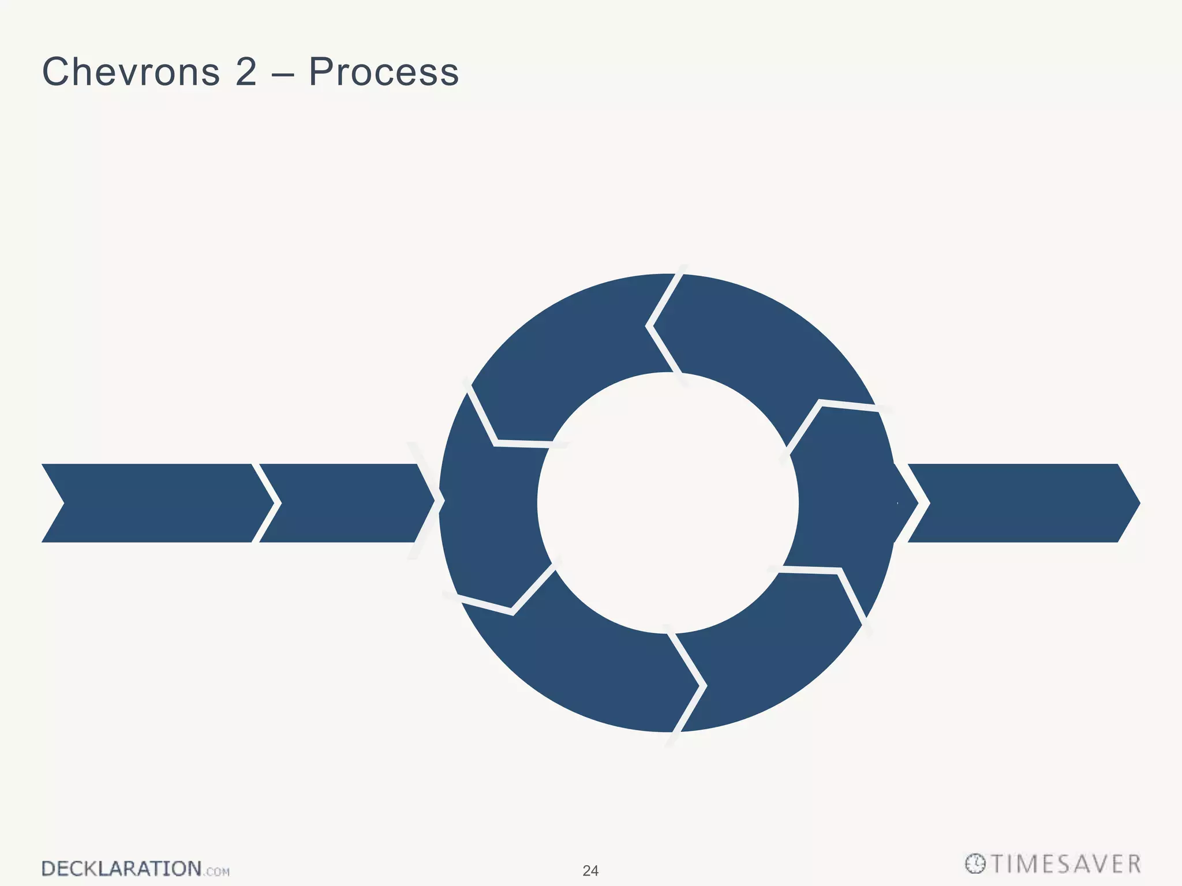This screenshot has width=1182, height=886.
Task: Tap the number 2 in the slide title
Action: pos(246,73)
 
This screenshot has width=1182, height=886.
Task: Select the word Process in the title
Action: pos(383,73)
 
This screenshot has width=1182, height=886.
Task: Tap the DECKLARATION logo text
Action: pos(121,869)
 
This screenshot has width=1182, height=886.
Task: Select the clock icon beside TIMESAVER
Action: pos(975,864)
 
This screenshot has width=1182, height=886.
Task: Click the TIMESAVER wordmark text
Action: pos(1066,864)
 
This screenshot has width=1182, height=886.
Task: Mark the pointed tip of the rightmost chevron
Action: pos(1138,503)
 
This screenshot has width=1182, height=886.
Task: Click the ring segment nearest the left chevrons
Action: pos(491,508)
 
